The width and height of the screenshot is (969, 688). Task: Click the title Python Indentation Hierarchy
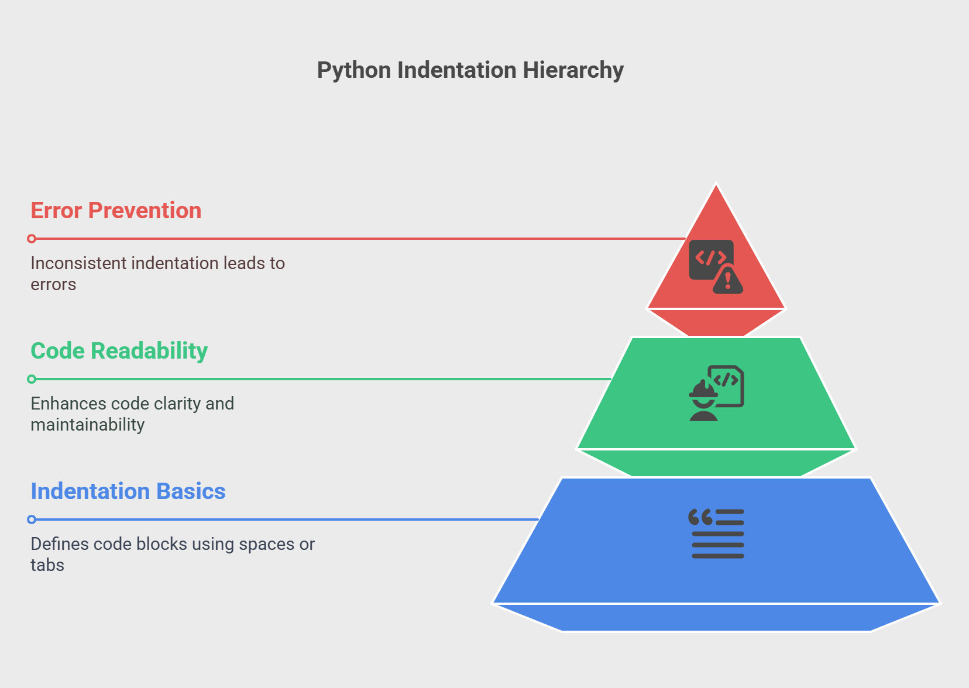click(x=470, y=70)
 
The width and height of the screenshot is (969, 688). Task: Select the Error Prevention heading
click(x=116, y=211)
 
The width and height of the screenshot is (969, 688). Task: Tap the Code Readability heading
click(x=119, y=351)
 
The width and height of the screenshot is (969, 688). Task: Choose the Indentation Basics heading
click(x=128, y=491)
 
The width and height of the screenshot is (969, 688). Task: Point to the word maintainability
click(x=87, y=425)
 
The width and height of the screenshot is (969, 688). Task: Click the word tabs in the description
click(x=47, y=565)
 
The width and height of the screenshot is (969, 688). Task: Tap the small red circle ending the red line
click(x=32, y=239)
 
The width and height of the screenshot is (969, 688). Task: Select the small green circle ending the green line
click(x=32, y=379)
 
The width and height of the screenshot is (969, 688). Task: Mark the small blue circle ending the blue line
click(x=32, y=520)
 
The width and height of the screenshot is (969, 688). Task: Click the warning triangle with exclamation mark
click(x=728, y=281)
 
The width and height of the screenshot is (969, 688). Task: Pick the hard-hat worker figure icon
click(x=703, y=400)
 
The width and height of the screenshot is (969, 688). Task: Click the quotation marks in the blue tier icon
click(x=700, y=517)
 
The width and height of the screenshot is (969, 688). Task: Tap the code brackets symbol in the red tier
click(x=711, y=258)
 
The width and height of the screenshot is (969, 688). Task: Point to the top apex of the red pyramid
click(x=716, y=184)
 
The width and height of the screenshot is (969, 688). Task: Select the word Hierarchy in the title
click(x=573, y=70)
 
